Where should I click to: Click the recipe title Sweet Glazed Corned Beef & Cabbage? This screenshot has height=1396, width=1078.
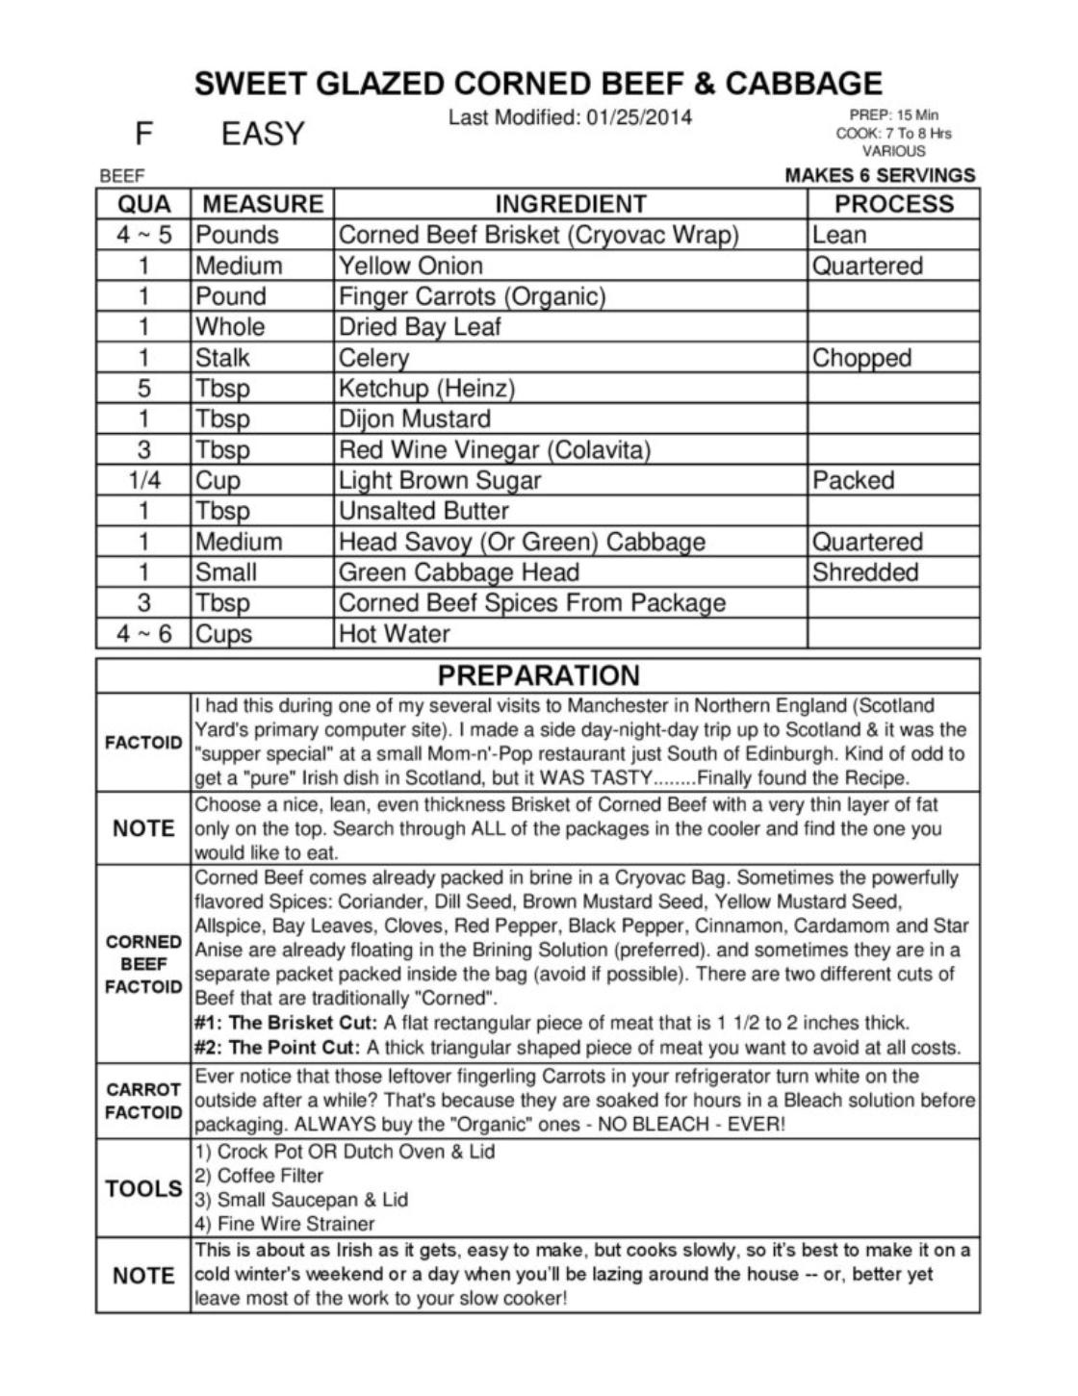(x=538, y=84)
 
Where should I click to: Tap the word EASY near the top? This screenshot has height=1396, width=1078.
(x=262, y=134)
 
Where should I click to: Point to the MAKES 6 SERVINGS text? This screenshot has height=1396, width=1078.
(x=880, y=175)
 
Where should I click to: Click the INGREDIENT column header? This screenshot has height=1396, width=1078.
(x=570, y=204)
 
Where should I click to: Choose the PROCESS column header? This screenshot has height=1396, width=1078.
(x=893, y=204)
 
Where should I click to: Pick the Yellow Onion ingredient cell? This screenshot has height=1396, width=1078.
(x=411, y=266)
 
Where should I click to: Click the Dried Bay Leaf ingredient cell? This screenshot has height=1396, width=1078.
(x=420, y=327)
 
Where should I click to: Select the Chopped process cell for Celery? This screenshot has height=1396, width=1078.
(x=860, y=358)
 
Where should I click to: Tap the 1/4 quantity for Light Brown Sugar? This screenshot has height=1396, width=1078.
(x=143, y=480)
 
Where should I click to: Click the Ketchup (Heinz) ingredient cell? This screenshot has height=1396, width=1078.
(x=426, y=389)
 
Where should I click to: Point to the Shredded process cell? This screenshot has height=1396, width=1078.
(x=864, y=572)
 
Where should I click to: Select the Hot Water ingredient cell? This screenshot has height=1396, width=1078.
(x=395, y=634)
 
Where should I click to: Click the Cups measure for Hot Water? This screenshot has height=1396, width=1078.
(x=223, y=634)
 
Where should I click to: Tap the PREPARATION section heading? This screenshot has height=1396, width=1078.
(x=538, y=675)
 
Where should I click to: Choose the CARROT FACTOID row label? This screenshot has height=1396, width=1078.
(x=143, y=1101)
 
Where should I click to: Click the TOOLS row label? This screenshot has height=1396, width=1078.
(x=143, y=1189)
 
